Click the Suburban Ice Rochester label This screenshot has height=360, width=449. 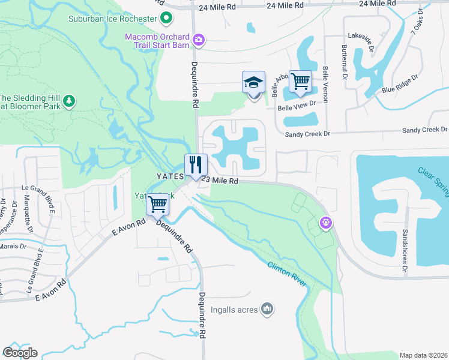(113, 19)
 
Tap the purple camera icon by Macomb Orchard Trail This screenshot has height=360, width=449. (198, 40)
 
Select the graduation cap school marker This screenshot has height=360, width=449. (253, 82)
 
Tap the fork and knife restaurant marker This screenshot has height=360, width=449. (196, 164)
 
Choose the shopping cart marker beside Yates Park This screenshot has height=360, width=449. (158, 205)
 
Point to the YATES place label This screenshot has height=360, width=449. (169, 176)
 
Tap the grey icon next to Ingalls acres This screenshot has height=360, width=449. (268, 310)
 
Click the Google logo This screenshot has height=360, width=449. (20, 353)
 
